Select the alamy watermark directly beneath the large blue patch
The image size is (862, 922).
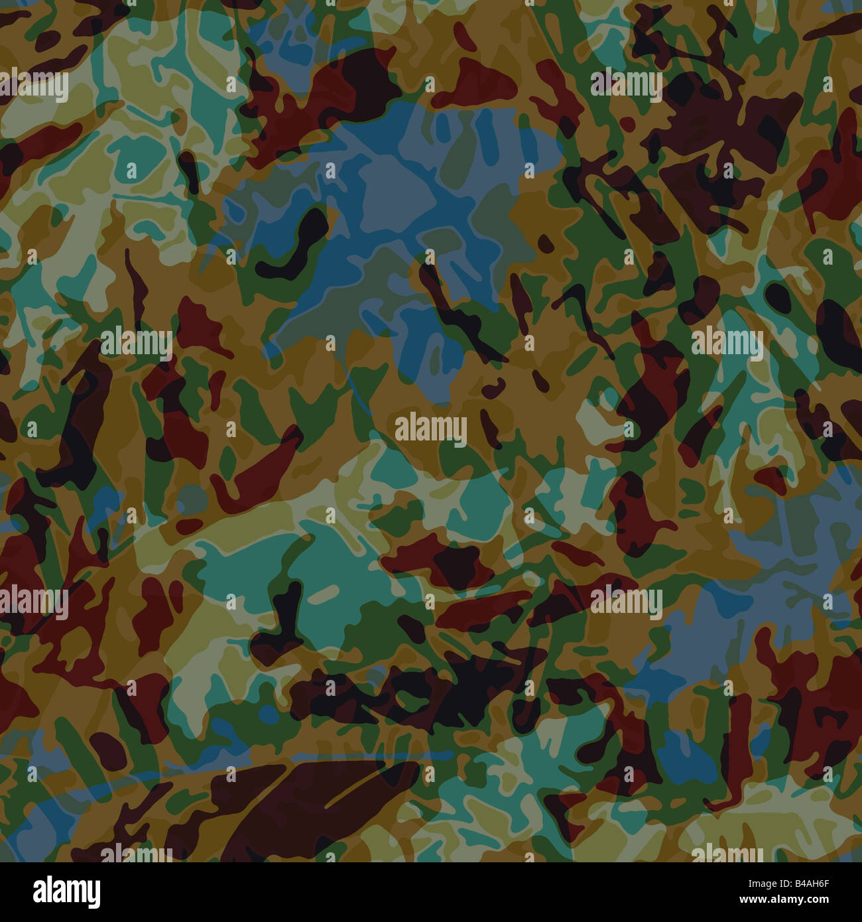tap(430, 430)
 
